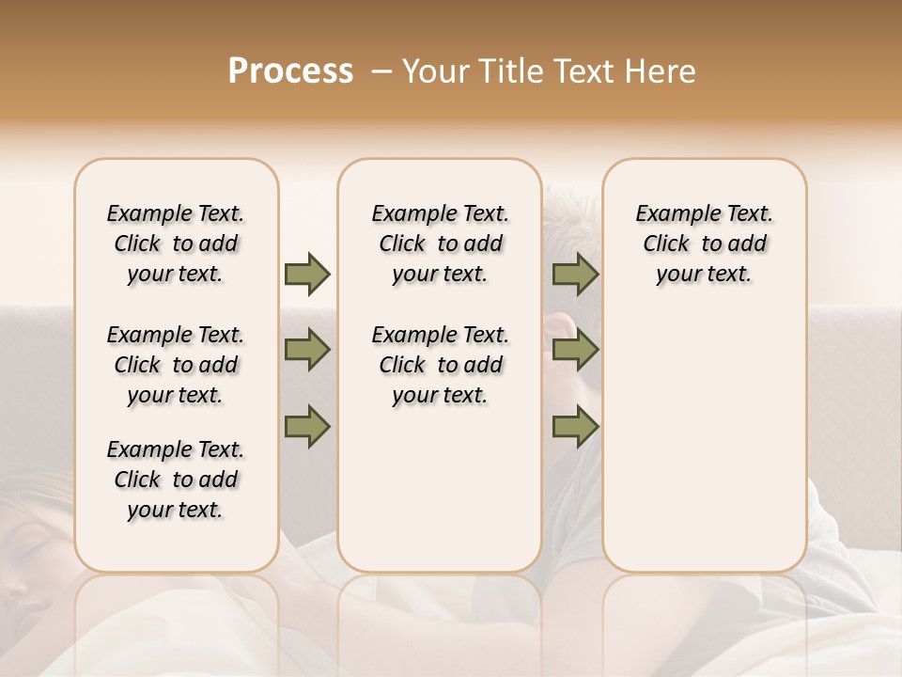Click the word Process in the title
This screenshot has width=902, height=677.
pyautogui.click(x=290, y=71)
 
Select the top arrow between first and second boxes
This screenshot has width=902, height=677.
pyautogui.click(x=307, y=274)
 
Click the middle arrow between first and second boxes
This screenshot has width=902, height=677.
pyautogui.click(x=307, y=351)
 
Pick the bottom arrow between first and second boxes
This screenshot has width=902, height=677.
pyautogui.click(x=307, y=426)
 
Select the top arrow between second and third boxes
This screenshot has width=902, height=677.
pyautogui.click(x=575, y=274)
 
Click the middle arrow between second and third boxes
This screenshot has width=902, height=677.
pyautogui.click(x=575, y=351)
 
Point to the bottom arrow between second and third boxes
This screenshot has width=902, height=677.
pyautogui.click(x=575, y=426)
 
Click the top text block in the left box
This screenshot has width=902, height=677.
pyautogui.click(x=176, y=244)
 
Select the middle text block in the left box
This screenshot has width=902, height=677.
pyautogui.click(x=176, y=365)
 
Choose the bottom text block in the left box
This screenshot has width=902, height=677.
pyautogui.click(x=176, y=480)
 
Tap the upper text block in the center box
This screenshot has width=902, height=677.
pyautogui.click(x=440, y=244)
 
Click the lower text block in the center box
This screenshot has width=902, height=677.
pyautogui.click(x=440, y=365)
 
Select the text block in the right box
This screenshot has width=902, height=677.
pyautogui.click(x=704, y=244)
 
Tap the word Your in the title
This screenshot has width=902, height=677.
pyautogui.click(x=436, y=71)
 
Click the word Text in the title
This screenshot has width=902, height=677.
pyautogui.click(x=582, y=71)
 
